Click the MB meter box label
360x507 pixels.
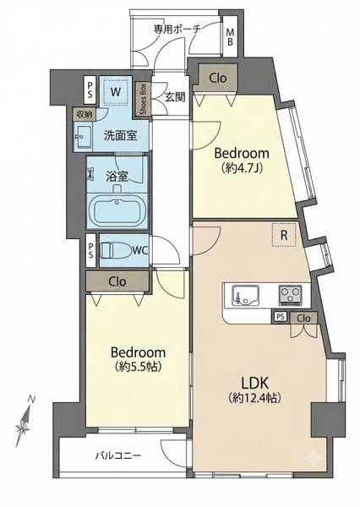tap(230, 37)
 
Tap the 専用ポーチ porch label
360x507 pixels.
tap(177, 30)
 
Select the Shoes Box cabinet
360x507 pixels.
tap(144, 99)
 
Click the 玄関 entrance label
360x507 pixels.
tap(175, 96)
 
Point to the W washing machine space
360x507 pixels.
tap(116, 91)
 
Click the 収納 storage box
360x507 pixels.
tap(85, 114)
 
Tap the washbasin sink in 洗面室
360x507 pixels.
tap(84, 136)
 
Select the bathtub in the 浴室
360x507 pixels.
tap(118, 210)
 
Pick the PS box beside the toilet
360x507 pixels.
tap(90, 250)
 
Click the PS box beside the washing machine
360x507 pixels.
tap(90, 90)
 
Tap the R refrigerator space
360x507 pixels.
tap(284, 235)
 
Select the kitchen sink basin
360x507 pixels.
tap(245, 295)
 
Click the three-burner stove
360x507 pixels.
tap(290, 295)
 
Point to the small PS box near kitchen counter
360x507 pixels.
tap(281, 317)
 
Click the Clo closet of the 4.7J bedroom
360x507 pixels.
tap(218, 78)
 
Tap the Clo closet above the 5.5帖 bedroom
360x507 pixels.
tap(117, 281)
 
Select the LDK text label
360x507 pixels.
tap(254, 383)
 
